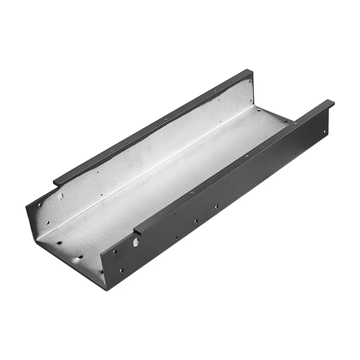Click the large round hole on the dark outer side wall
136,242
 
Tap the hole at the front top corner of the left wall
39,205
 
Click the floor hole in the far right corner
284,121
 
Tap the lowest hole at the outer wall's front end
121,270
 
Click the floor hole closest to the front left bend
59,242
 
